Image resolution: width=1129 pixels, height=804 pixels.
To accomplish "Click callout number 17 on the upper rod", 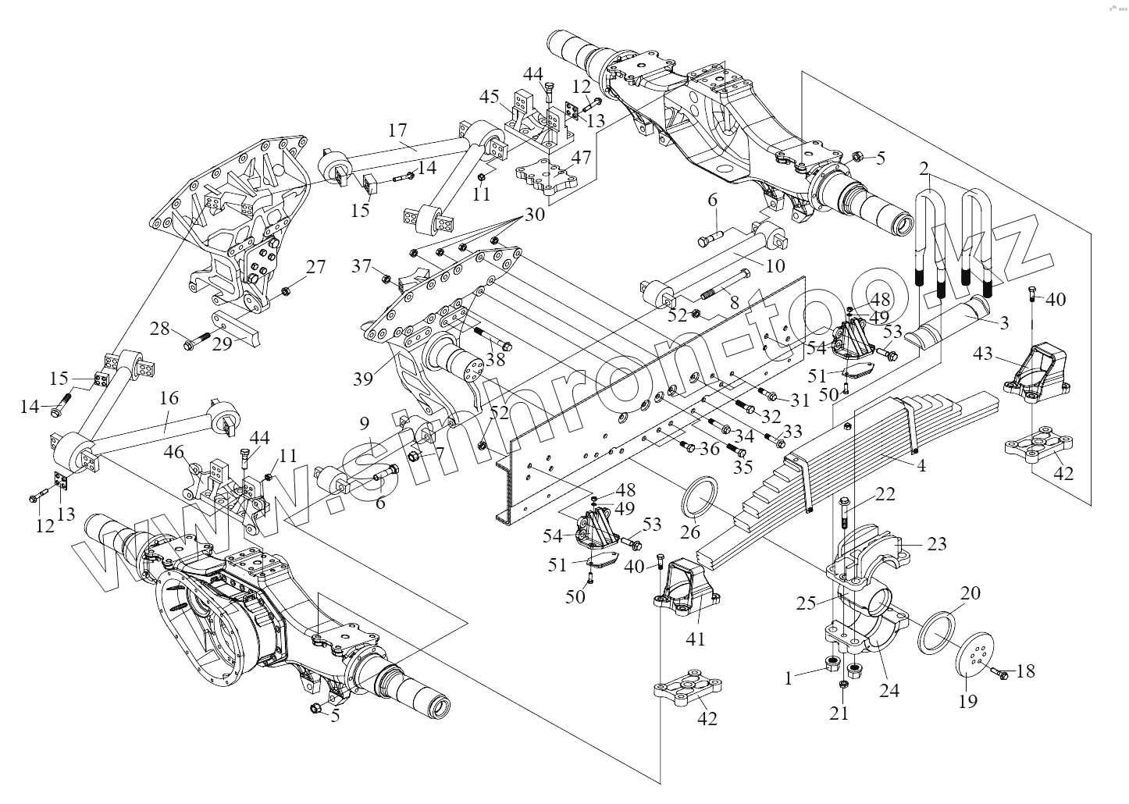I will (x=397, y=130).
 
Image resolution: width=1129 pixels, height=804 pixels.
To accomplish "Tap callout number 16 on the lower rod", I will (x=169, y=398).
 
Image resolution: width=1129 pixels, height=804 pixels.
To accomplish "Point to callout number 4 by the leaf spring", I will (x=921, y=467).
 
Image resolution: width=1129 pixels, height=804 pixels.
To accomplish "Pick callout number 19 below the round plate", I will (x=967, y=701).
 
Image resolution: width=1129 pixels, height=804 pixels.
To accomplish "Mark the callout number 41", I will (x=695, y=639).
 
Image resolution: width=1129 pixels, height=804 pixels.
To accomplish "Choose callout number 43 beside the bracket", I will (x=983, y=354).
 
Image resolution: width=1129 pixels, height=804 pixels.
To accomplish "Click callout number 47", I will (x=580, y=157).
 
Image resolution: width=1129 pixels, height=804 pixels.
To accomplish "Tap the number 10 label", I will (x=775, y=265).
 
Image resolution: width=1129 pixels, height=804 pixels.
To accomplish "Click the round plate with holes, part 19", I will (x=976, y=655).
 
